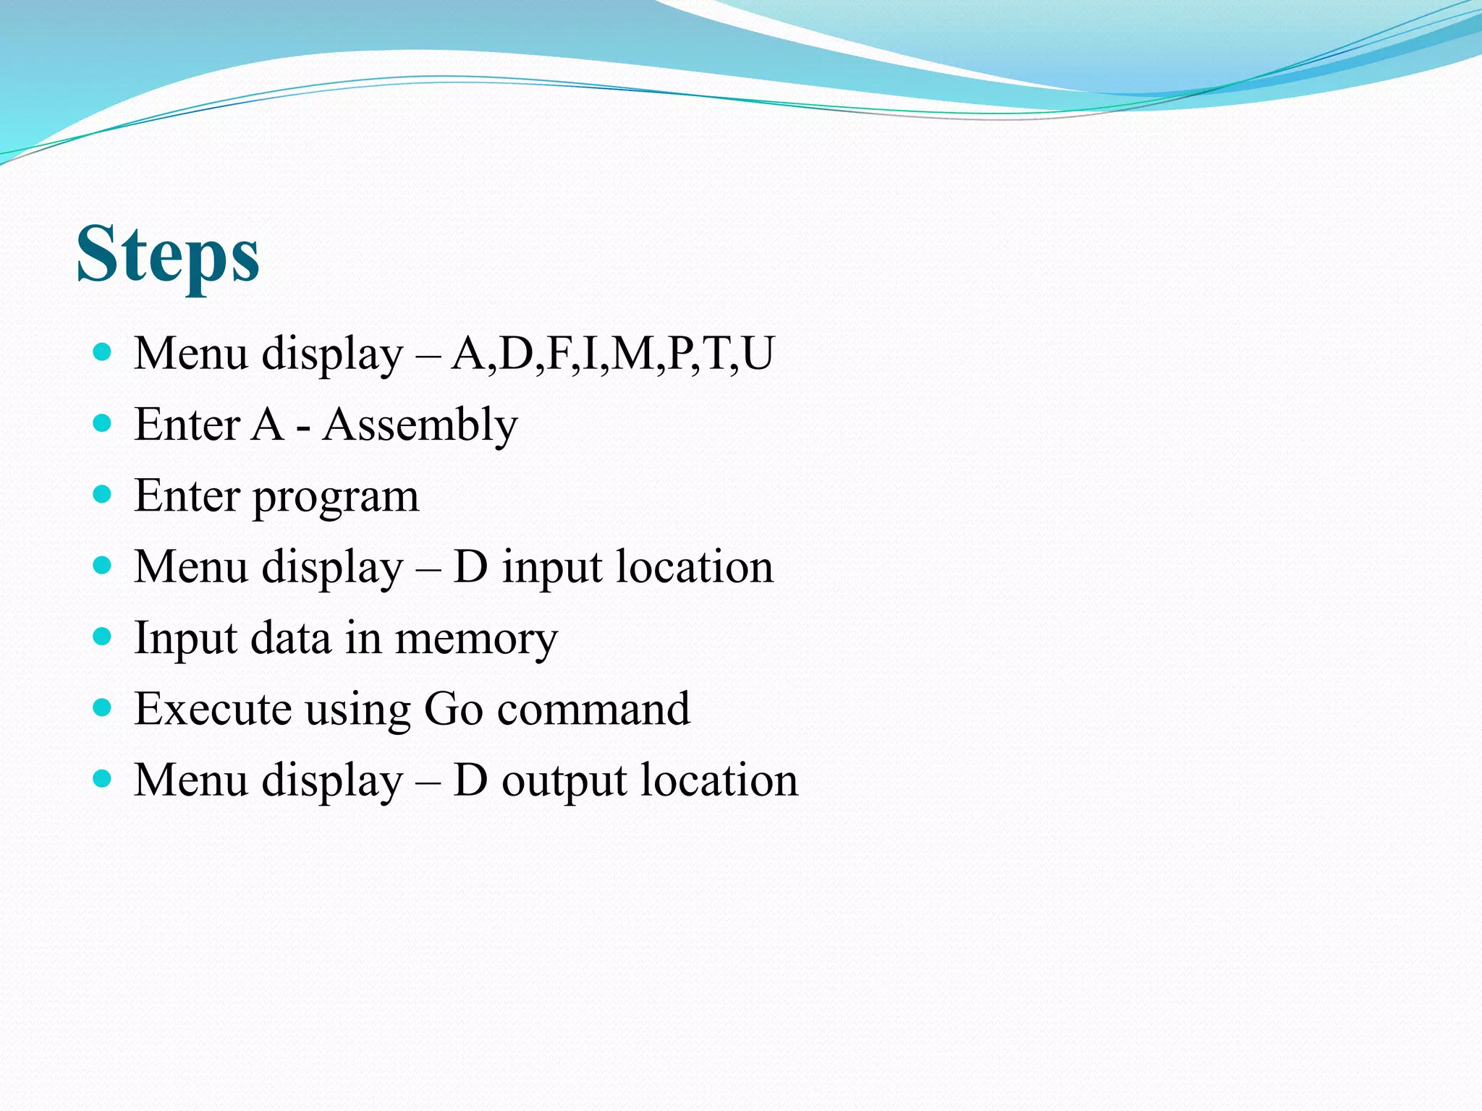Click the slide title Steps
coord(168,254)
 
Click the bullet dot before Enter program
coord(103,495)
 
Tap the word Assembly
coord(420,425)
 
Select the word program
coord(336,498)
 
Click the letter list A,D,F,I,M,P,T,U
coord(613,354)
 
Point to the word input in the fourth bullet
coord(552,568)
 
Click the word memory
coord(476,639)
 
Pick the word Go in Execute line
coord(453,709)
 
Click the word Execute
coord(213,709)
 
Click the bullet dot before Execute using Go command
coord(103,707)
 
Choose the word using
coord(357,712)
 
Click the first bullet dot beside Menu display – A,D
coord(103,353)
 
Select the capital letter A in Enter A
coord(267,425)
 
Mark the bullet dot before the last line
coord(103,778)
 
